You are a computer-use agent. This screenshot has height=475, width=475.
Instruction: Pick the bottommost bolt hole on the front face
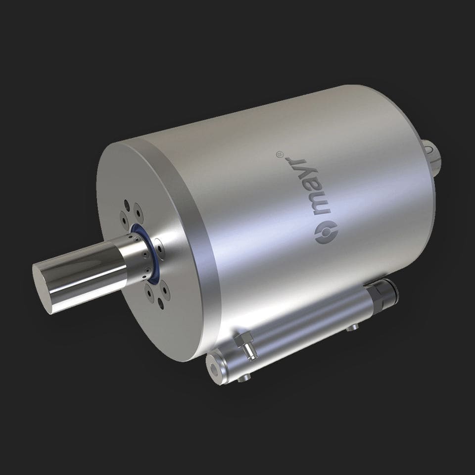pyautogui.click(x=163, y=307)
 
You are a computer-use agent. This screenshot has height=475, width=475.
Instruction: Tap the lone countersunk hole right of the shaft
pyautogui.click(x=160, y=244)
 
